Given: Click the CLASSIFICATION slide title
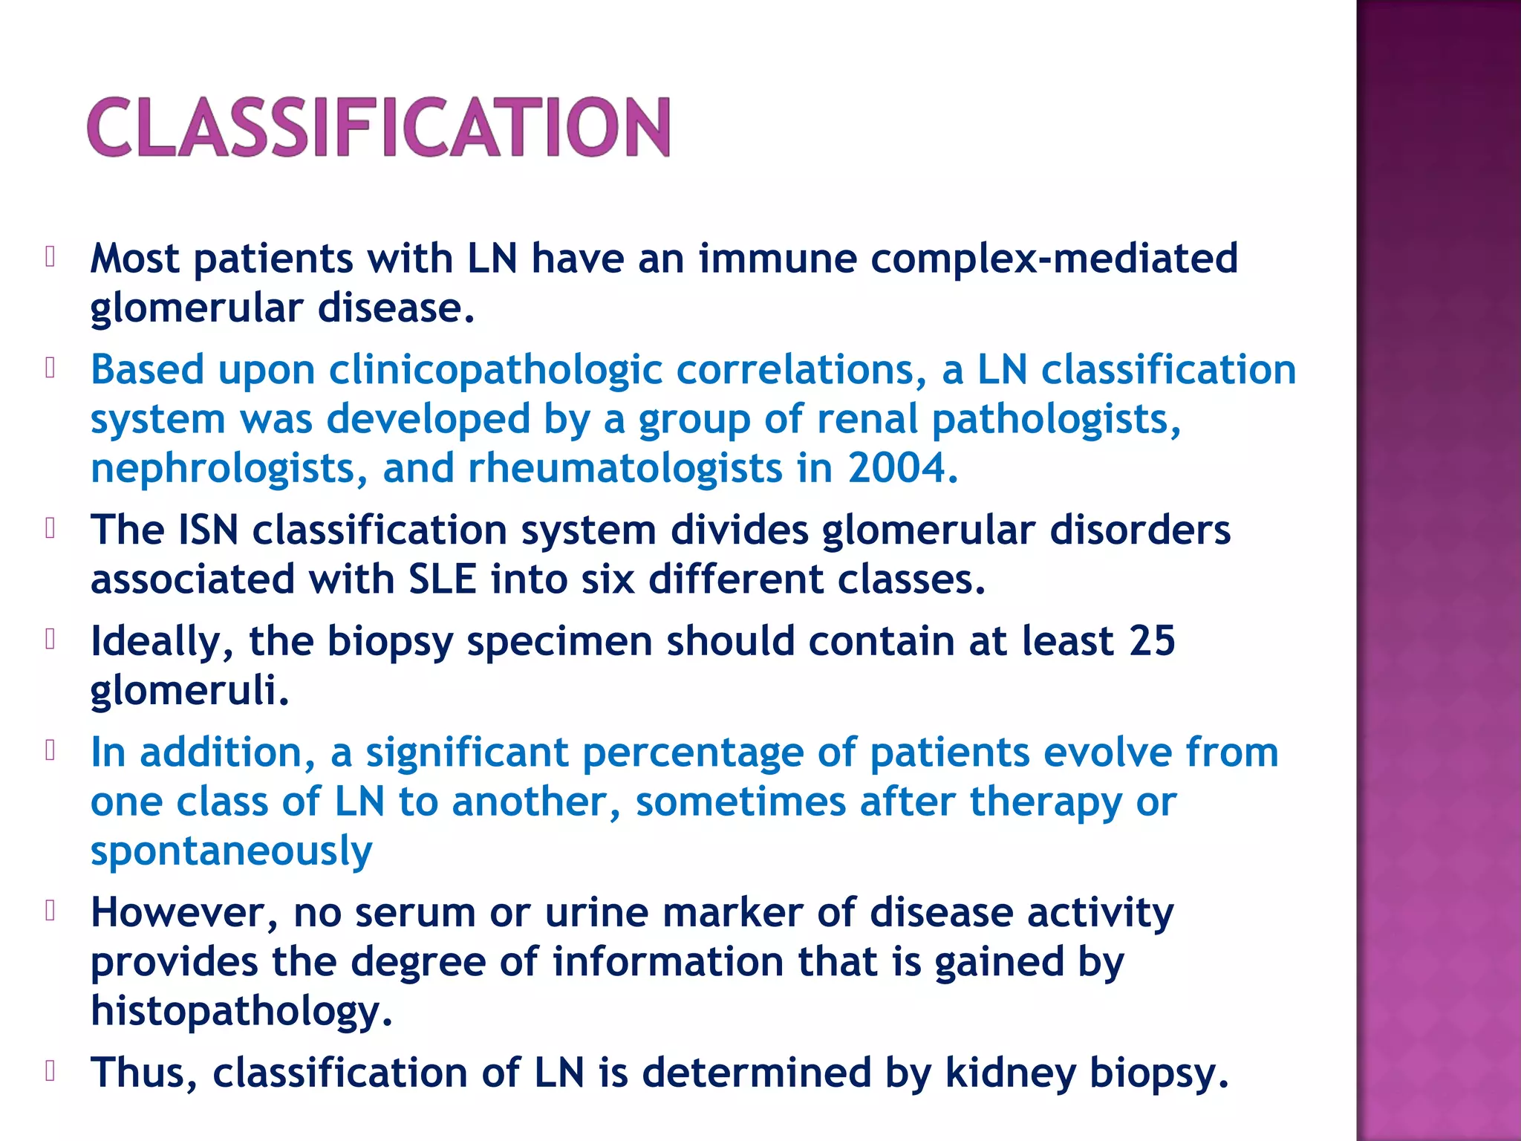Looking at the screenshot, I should (379, 128).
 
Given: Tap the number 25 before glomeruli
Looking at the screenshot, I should (1151, 641).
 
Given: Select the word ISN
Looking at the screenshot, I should (208, 530).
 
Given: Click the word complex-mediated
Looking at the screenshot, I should (1054, 259).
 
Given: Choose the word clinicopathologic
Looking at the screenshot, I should (495, 370).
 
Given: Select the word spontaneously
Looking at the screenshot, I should (231, 851).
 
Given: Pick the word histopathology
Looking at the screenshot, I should (241, 1012).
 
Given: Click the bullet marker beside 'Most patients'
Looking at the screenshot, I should (50, 257).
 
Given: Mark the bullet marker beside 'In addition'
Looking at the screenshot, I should (50, 751).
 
